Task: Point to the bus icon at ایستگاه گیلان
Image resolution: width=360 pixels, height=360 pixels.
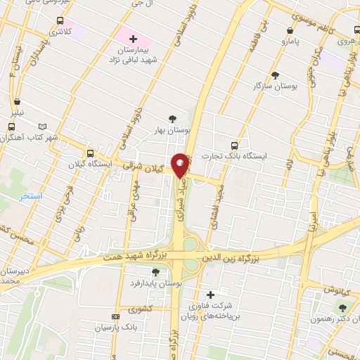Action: [90, 153]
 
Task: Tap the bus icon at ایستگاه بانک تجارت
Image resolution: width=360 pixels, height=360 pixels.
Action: [235, 145]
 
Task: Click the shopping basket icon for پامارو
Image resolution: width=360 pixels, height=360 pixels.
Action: [291, 31]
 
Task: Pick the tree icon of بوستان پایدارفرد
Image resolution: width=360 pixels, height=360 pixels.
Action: [155, 272]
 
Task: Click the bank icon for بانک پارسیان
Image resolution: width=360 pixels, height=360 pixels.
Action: [116, 317]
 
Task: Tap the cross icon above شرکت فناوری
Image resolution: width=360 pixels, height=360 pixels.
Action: [211, 294]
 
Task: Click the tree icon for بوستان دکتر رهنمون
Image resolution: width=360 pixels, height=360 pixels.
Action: [343, 307]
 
